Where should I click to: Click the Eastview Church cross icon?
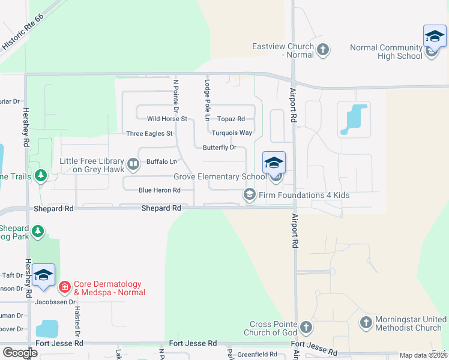click(323, 50)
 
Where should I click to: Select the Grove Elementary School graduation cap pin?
click(274, 163)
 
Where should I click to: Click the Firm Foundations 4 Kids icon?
click(249, 194)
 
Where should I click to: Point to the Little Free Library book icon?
click(133, 162)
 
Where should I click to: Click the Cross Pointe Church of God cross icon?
click(306, 328)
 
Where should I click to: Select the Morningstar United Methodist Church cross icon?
click(366, 323)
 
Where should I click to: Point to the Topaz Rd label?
click(231, 119)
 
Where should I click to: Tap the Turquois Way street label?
click(232, 133)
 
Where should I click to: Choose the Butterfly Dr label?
click(220, 147)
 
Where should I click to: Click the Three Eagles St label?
click(149, 133)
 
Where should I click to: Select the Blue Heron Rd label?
click(160, 190)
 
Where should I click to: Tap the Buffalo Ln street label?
click(161, 161)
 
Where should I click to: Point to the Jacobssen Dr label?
click(55, 302)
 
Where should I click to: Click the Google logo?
click(20, 353)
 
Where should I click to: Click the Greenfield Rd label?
click(256, 354)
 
